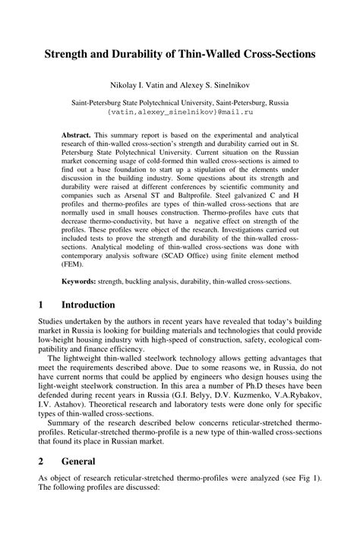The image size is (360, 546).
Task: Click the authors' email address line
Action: click(180, 111)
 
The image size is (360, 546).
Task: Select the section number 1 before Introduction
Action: click(41, 305)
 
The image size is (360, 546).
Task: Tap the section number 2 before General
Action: click(41, 461)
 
